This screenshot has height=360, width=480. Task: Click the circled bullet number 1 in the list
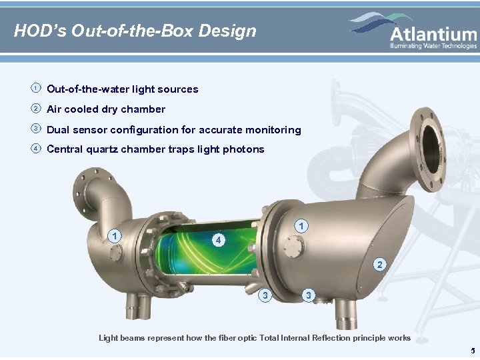[x=35, y=89]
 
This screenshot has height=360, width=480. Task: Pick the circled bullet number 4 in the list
[x=35, y=149]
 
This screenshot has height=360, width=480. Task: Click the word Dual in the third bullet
[x=59, y=130]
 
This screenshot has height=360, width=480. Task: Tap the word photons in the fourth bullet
[x=244, y=149]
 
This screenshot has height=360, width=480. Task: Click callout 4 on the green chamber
[x=218, y=239]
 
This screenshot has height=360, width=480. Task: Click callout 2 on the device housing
[x=379, y=265]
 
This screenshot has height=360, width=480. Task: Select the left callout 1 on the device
[x=115, y=235]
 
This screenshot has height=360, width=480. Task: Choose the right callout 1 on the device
[x=303, y=227]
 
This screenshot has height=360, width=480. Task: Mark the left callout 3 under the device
[x=266, y=295]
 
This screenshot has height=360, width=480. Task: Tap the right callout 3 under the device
[x=307, y=295]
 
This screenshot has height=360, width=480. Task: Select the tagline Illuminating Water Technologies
[x=433, y=46]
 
